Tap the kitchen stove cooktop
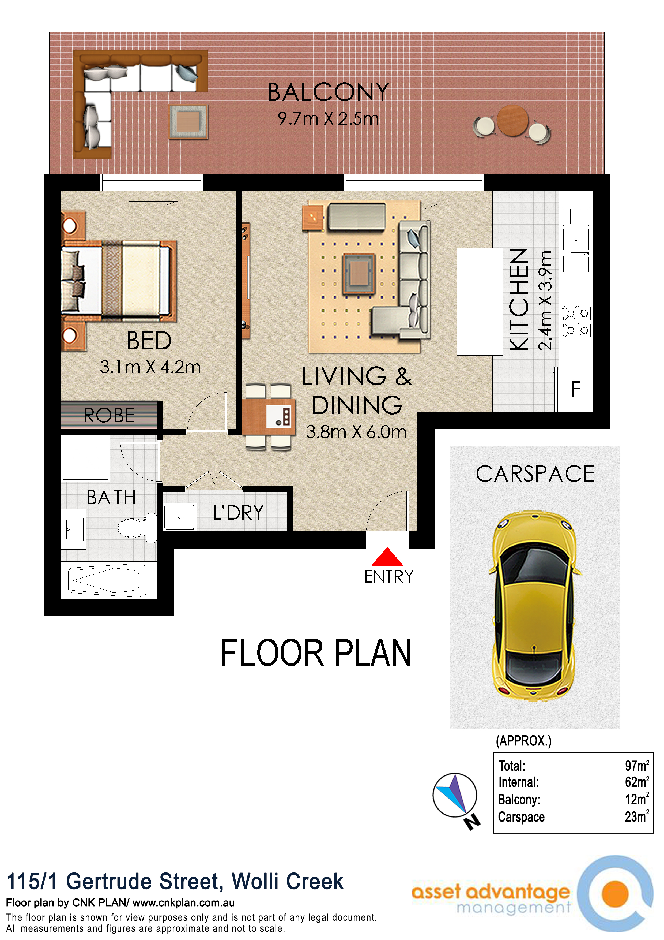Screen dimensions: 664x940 click(576, 322)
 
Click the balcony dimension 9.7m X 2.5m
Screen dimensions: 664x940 click(328, 119)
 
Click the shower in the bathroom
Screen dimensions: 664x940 click(85, 458)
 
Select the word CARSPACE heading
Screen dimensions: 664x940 click(535, 474)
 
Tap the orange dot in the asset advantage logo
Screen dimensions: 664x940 click(615, 893)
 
